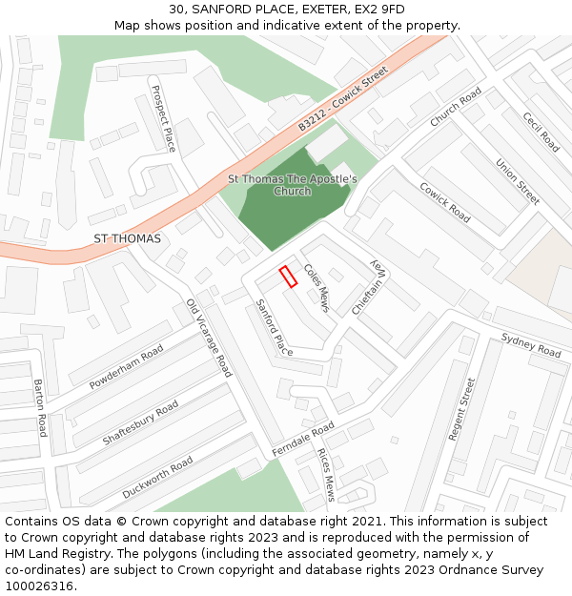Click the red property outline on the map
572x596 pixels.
coord(287,277)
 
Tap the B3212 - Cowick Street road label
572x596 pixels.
coord(343,98)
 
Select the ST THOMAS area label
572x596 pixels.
coord(127,237)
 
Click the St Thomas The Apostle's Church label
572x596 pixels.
coord(292,185)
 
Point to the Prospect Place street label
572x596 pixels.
coord(164,119)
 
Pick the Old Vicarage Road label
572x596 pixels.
coord(209,338)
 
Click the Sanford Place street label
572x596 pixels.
coord(274,327)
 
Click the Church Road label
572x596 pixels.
coord(456,108)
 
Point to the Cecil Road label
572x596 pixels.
coord(541,132)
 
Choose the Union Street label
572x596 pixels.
coord(518,181)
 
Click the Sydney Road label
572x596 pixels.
coord(531,345)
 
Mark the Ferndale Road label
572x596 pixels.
coord(303,438)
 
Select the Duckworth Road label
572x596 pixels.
coord(157,477)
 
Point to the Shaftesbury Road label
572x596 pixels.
coord(140,423)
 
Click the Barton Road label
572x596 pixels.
coord(39,407)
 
